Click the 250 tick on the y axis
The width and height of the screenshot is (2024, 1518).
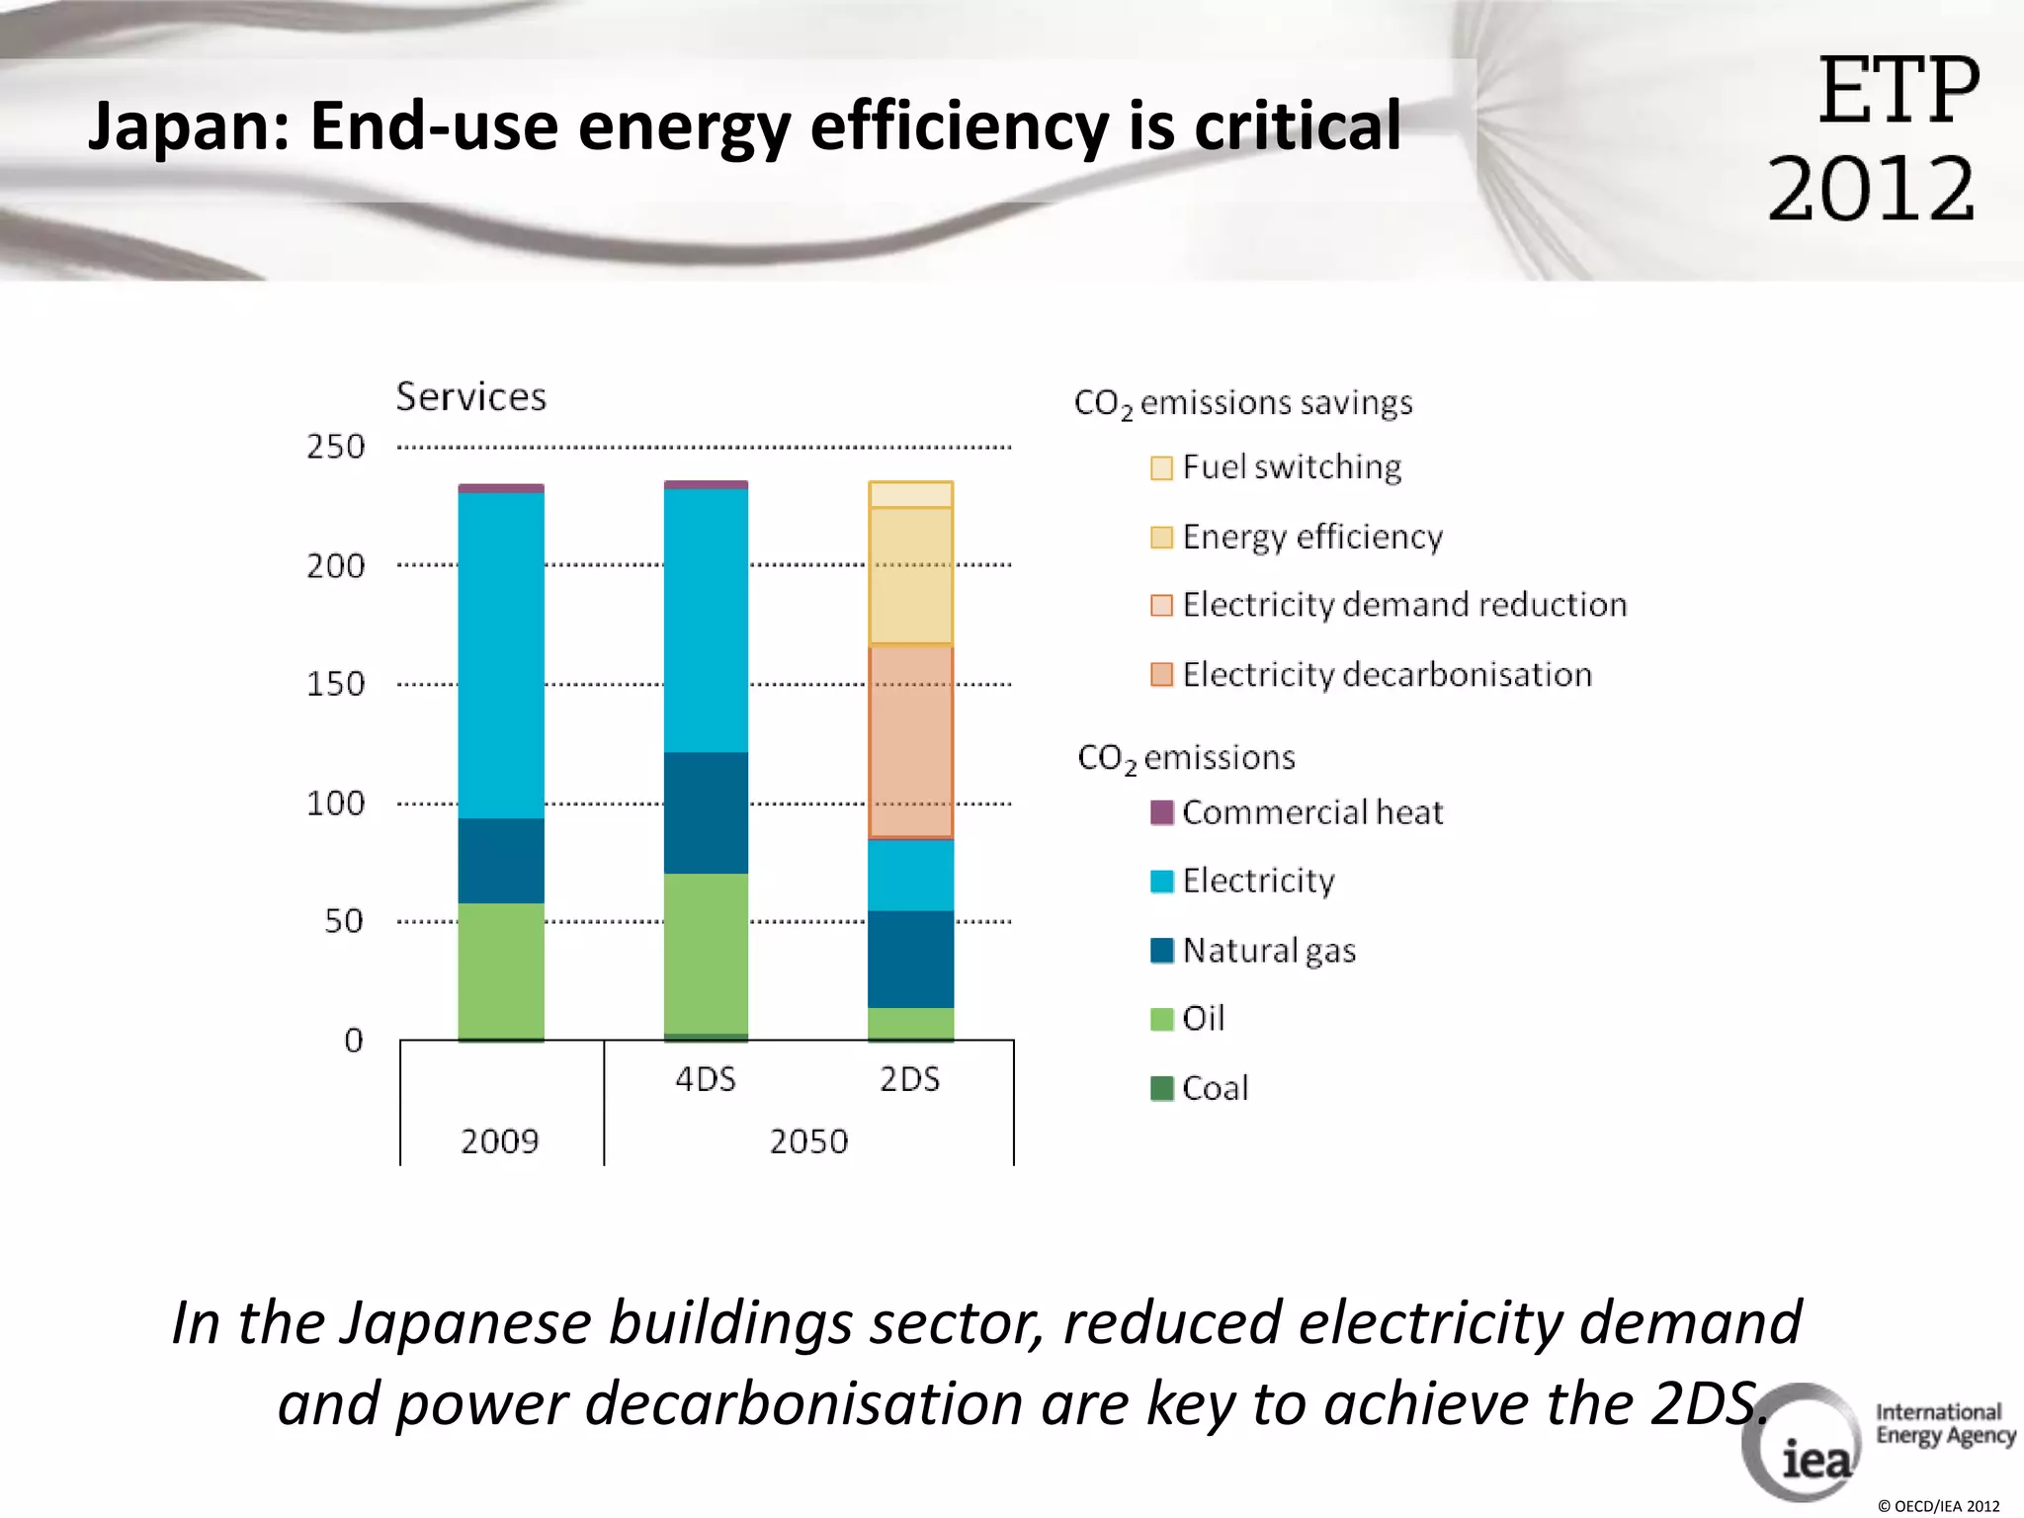coord(336,447)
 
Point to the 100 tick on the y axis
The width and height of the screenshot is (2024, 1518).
coord(336,802)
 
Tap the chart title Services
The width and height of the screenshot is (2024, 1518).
coord(470,396)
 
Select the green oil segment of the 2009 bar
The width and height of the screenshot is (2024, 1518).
coord(501,970)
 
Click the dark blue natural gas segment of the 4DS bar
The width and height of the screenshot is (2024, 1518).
coord(706,812)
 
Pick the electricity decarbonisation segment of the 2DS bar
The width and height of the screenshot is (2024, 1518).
coord(910,741)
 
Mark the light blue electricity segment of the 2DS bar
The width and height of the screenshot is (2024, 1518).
coord(910,875)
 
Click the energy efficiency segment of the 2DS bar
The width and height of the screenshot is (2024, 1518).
coord(910,575)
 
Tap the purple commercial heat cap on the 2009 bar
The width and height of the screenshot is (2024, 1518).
coord(501,488)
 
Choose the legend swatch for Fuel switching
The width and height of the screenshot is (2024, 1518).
coord(1161,467)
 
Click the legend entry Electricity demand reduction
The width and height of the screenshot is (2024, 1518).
coord(1403,605)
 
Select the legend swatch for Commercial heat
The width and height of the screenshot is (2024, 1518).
coord(1161,812)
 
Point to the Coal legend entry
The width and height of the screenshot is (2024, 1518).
coord(1215,1088)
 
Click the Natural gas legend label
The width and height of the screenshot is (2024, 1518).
coord(1269,951)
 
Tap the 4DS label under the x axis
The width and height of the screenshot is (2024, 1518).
coord(706,1079)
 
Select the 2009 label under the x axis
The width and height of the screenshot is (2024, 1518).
coord(500,1141)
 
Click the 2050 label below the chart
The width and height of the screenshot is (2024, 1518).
coord(808,1141)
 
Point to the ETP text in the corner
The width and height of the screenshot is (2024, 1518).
coord(1897,92)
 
